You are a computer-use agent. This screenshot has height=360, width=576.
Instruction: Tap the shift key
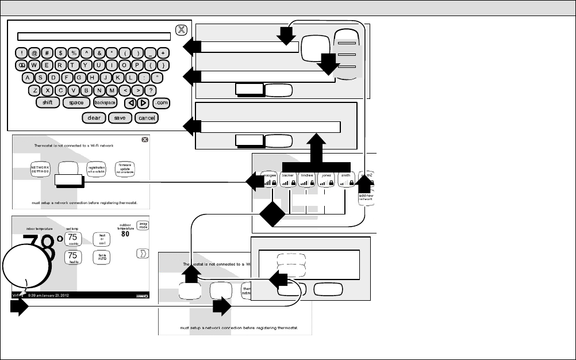pyautogui.click(x=48, y=102)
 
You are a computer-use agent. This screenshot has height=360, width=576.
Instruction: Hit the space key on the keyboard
pyautogui.click(x=76, y=102)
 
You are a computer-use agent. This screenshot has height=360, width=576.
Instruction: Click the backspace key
pyautogui.click(x=106, y=102)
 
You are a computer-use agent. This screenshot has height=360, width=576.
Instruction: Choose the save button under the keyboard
pyautogui.click(x=120, y=118)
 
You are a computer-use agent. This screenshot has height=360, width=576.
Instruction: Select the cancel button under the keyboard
pyautogui.click(x=147, y=118)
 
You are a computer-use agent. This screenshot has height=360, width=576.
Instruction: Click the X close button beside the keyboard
pyautogui.click(x=181, y=30)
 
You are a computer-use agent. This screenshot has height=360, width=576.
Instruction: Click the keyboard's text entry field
pyautogui.click(x=94, y=36)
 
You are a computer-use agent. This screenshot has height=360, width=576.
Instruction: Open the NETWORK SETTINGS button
pyautogui.click(x=41, y=168)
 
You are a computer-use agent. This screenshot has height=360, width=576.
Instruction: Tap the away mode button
pyautogui.click(x=143, y=225)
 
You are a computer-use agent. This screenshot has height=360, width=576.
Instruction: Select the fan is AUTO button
pyautogui.click(x=103, y=256)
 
